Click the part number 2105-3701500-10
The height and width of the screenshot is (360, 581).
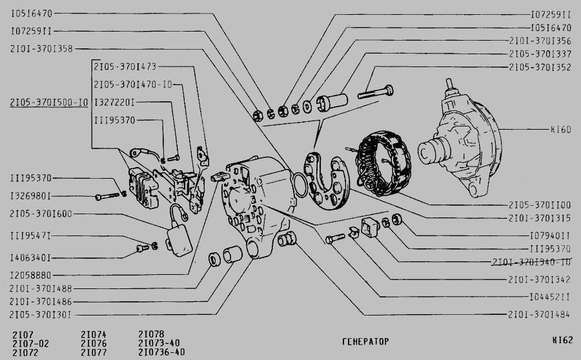coord(49,102)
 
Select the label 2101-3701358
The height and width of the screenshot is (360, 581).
coord(41,49)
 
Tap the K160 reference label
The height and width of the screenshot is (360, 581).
coord(560,130)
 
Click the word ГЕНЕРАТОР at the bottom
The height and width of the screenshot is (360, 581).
coord(366,341)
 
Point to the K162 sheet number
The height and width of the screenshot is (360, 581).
coord(562,340)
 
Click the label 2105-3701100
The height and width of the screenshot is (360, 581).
coord(540,205)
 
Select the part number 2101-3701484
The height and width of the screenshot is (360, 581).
coord(539,315)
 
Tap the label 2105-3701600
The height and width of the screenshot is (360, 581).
coord(41,214)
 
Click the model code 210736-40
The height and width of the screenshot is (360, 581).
coord(161,352)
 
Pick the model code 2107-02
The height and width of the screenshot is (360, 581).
coord(30,343)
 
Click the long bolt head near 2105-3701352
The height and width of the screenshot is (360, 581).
coord(389,90)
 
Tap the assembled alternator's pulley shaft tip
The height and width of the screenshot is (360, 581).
coord(449,81)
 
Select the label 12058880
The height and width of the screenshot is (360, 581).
coord(30,275)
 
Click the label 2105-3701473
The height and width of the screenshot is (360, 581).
coord(125,66)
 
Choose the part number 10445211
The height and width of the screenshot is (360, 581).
coord(549,297)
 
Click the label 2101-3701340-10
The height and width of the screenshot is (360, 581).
coord(531,262)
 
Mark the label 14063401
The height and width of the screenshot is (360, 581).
coord(30,258)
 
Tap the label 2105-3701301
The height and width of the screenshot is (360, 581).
coord(40,315)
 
